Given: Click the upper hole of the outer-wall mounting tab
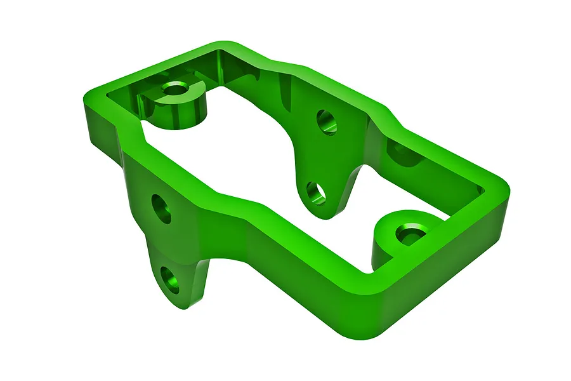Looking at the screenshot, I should coord(162,209).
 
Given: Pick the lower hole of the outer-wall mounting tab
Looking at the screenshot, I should coord(169,280).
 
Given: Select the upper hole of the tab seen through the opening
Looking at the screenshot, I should coord(327,122).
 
